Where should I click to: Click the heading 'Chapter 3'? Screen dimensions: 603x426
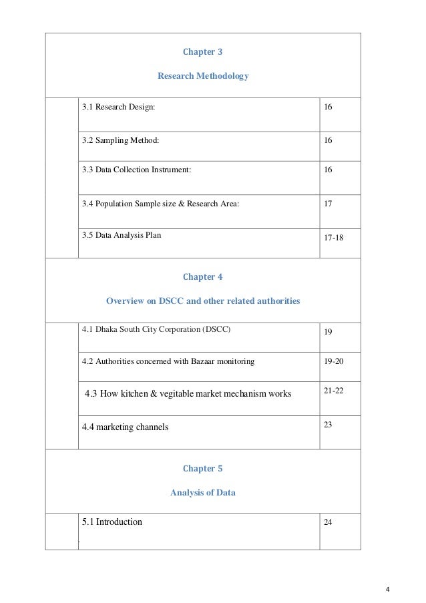click(x=202, y=51)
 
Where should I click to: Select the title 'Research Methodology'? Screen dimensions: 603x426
click(x=203, y=76)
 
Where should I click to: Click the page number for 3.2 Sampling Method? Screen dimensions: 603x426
click(x=328, y=141)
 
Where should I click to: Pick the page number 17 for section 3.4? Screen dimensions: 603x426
click(x=328, y=202)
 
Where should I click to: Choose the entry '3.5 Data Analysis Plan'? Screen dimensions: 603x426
click(x=121, y=235)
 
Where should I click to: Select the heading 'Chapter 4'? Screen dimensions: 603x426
click(x=202, y=277)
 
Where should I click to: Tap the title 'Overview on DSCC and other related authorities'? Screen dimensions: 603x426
click(x=203, y=301)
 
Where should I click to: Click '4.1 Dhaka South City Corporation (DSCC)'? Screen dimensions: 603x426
click(x=157, y=329)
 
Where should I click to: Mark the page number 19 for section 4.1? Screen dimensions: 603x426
click(x=328, y=331)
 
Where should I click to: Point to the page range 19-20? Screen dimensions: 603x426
click(x=333, y=361)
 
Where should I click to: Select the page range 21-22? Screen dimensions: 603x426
click(x=333, y=390)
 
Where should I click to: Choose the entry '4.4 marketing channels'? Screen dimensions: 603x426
click(x=125, y=427)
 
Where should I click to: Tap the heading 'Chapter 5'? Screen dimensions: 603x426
click(x=202, y=469)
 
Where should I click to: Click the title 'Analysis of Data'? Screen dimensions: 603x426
click(x=203, y=493)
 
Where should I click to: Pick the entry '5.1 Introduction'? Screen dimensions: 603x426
click(x=112, y=522)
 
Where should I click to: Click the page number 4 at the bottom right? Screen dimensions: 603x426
click(x=388, y=589)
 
